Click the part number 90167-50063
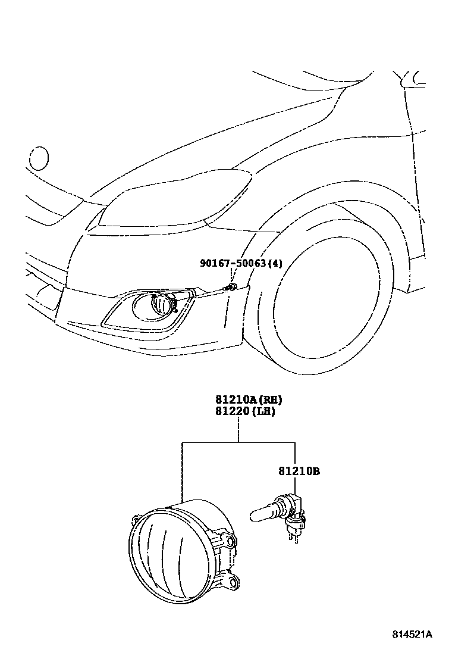coord(233,263)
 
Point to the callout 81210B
coord(299,471)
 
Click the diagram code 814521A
coord(412,634)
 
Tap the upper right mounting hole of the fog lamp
coord(232,541)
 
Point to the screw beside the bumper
coord(229,288)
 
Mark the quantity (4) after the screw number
coord(275,263)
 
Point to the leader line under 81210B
coord(295,485)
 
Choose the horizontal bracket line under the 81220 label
coord(238,442)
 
